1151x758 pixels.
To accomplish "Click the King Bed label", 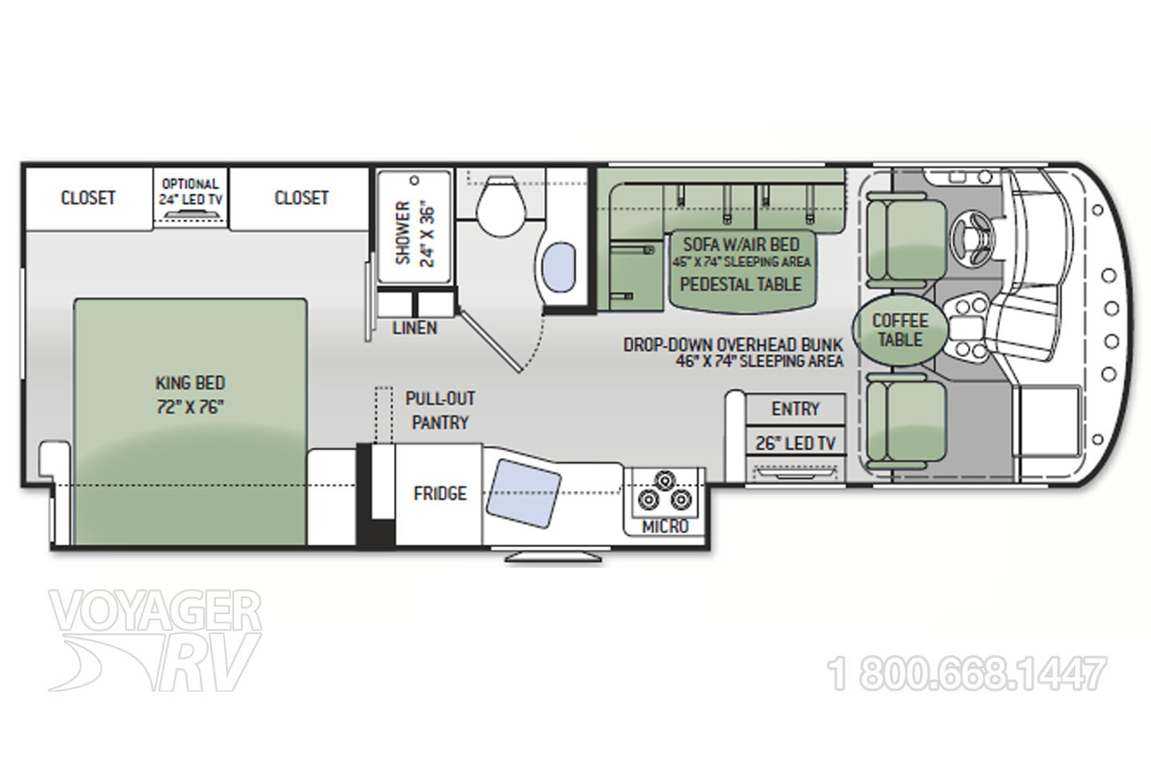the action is point(190,395).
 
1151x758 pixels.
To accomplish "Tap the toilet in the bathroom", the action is point(501,206).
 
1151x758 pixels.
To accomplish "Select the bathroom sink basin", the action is point(558,268).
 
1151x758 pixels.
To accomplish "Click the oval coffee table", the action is point(900,330).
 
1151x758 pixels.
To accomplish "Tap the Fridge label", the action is point(440,493).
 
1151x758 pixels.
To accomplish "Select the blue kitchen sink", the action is point(524,493).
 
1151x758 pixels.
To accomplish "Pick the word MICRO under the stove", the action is point(665,527).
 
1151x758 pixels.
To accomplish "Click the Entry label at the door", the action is point(795,409).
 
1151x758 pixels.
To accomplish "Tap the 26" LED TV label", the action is point(795,443).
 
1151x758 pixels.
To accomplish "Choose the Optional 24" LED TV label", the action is point(190,191).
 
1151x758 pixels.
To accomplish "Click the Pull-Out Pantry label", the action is point(440,410).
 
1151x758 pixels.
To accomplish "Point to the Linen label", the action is point(415,328).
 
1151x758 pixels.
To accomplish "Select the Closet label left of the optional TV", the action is point(88,197).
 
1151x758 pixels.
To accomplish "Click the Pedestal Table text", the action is point(740,284).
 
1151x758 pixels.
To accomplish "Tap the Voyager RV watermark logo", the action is point(155,640).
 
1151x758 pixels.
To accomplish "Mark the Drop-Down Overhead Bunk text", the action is point(733,345).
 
